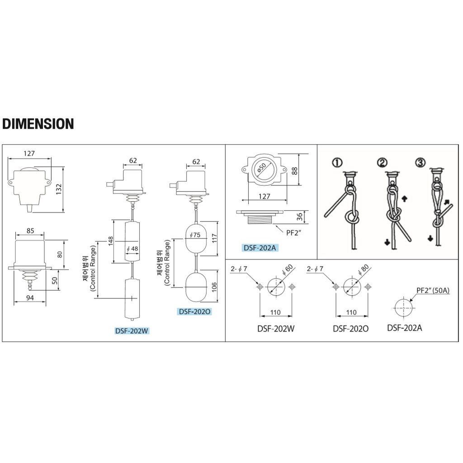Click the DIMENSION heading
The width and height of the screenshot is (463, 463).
[x=38, y=124]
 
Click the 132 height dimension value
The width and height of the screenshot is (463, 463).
[x=59, y=189]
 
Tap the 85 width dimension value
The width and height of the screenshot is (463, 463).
[x=30, y=231]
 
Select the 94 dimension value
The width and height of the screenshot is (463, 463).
[x=30, y=298]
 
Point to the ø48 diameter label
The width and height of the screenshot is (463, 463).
[x=132, y=249]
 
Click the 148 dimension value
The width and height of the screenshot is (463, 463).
[x=111, y=241]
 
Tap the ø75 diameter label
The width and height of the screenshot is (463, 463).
[x=195, y=235]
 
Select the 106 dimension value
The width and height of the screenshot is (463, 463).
[x=214, y=287]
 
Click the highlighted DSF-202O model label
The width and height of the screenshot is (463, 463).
[x=195, y=312]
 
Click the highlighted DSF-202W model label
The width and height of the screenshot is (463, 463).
[x=132, y=331]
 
